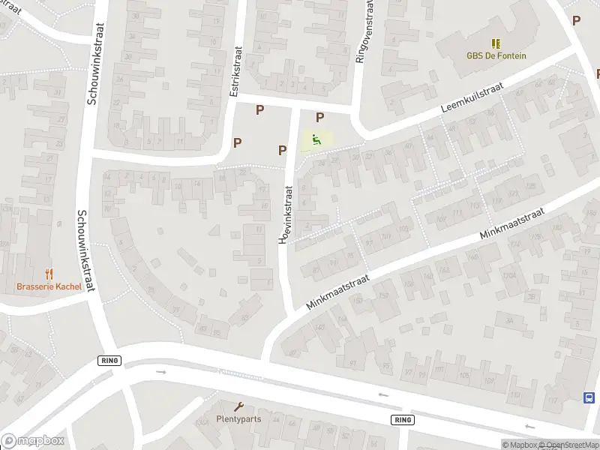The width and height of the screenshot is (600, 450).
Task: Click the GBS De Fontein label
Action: coord(496,55)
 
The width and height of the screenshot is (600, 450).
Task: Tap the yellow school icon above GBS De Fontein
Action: coord(496,43)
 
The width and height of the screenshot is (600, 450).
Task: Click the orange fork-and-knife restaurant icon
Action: coord(49,274)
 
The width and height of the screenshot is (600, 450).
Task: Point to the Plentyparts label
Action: coord(238,418)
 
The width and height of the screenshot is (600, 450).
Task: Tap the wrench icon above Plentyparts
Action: coord(239,406)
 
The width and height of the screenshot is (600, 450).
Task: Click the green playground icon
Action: coord(316,139)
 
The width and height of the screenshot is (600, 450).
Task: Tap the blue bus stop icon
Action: coord(589,398)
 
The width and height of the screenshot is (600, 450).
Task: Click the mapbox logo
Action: coord(32,441)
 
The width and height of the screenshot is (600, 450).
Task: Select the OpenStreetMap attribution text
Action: coord(568,445)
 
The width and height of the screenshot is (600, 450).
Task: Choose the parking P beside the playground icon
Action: coord(319,117)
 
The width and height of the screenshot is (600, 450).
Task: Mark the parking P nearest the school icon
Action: coord(576,21)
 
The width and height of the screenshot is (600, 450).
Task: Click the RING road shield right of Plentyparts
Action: coord(401,420)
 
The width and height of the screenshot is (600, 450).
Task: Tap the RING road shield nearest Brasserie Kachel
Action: coord(109,361)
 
